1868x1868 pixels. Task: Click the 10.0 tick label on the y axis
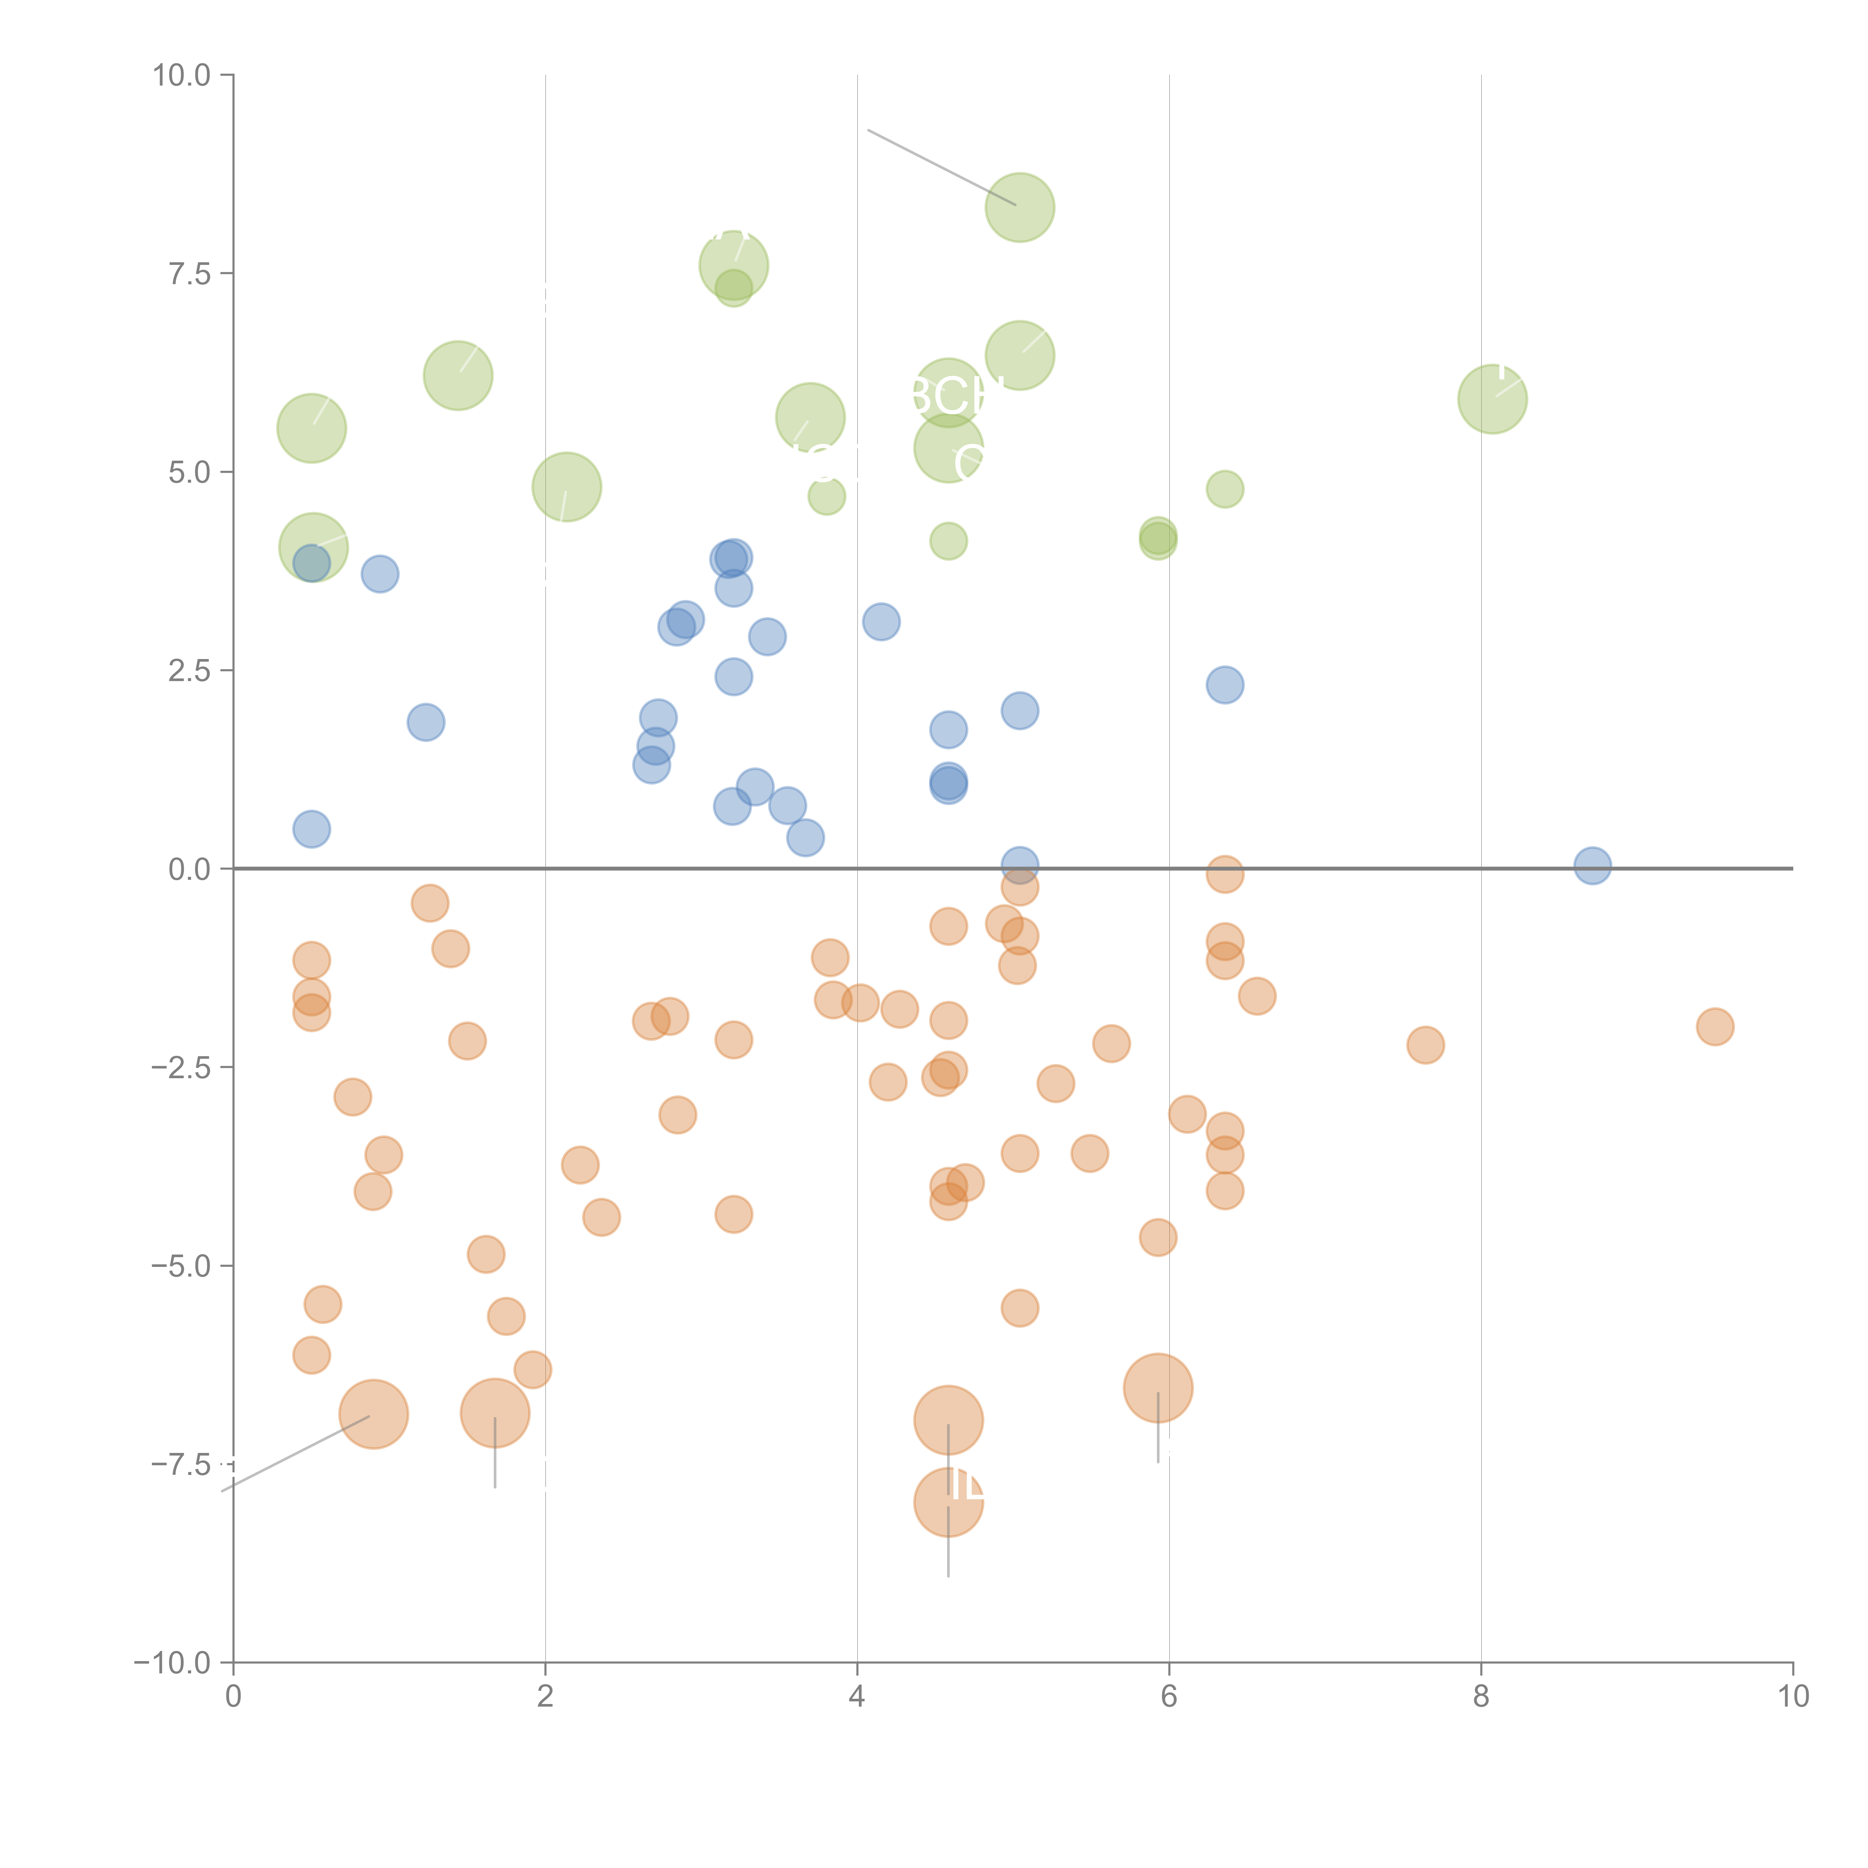[x=182, y=75]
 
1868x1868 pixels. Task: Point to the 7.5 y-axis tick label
[x=189, y=273]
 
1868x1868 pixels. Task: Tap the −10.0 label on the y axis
[x=172, y=1663]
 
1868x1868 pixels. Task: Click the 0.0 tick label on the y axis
[x=189, y=869]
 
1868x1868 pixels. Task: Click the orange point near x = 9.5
[x=1714, y=1027]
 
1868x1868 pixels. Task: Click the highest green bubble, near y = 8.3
[x=1020, y=207]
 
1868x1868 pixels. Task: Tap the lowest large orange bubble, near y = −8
[x=949, y=1501]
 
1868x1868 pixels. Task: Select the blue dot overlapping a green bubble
[x=311, y=563]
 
